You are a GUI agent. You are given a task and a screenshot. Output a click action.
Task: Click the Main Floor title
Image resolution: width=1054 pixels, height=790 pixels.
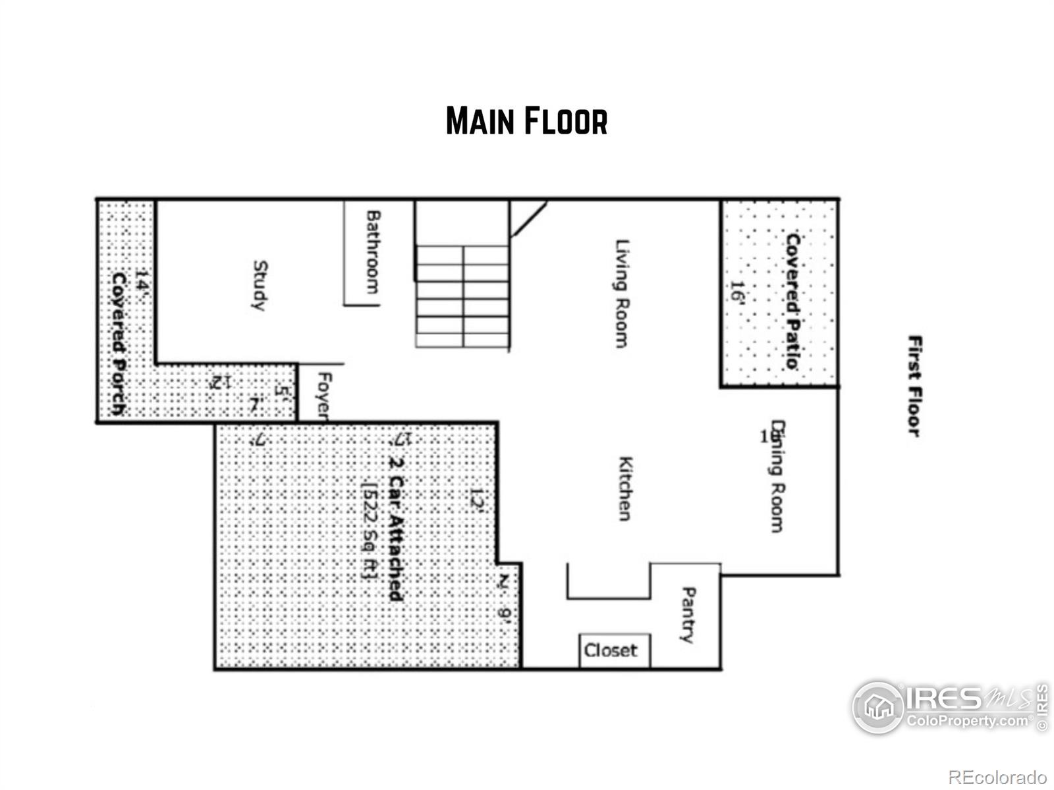click(526, 121)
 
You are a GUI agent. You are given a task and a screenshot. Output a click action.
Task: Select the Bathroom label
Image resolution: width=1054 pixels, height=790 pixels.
click(373, 251)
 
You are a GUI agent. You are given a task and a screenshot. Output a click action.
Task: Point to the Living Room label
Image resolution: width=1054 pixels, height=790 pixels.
click(621, 293)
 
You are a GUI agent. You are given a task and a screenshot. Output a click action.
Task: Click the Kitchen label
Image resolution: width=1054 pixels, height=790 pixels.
click(625, 488)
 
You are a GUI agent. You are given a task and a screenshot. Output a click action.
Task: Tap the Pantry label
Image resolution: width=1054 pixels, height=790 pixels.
click(687, 615)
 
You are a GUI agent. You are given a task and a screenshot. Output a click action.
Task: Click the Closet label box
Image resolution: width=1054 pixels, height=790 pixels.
click(611, 650)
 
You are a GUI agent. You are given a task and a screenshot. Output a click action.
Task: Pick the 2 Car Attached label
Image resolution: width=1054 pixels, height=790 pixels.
click(395, 520)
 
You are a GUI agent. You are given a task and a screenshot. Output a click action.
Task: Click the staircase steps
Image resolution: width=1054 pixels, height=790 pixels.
click(462, 296)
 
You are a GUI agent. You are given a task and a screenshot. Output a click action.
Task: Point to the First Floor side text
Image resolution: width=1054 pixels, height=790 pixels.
click(914, 386)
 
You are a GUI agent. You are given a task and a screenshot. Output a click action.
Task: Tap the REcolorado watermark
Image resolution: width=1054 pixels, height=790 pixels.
click(997, 777)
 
